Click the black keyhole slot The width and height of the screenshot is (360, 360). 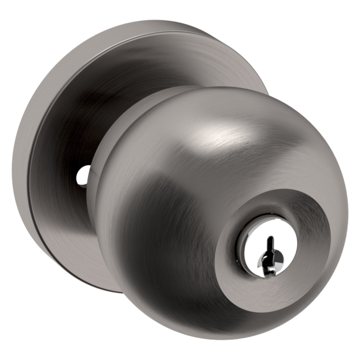268,252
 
